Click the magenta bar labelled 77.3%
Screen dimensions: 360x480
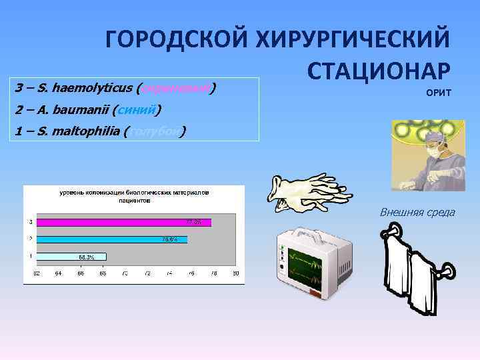pyautogui.click(x=124, y=222)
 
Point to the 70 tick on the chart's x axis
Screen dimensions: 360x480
pyautogui.click(x=125, y=273)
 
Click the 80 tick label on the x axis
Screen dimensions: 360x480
pyautogui.click(x=235, y=273)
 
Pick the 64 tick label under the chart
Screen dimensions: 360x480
pyautogui.click(x=59, y=273)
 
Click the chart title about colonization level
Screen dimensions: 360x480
pyautogui.click(x=134, y=195)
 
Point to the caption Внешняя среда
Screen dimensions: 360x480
pyautogui.click(x=417, y=212)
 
